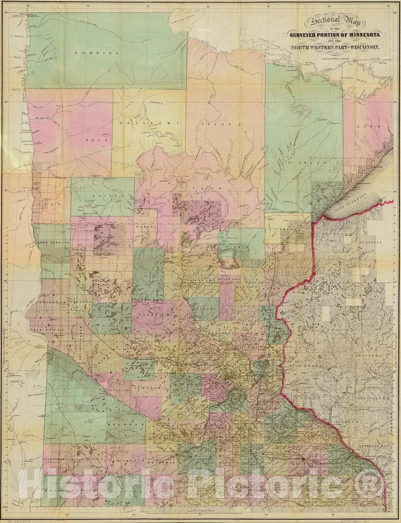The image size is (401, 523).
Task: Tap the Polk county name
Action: [91, 142]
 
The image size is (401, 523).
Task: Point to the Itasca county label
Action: [216, 126]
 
